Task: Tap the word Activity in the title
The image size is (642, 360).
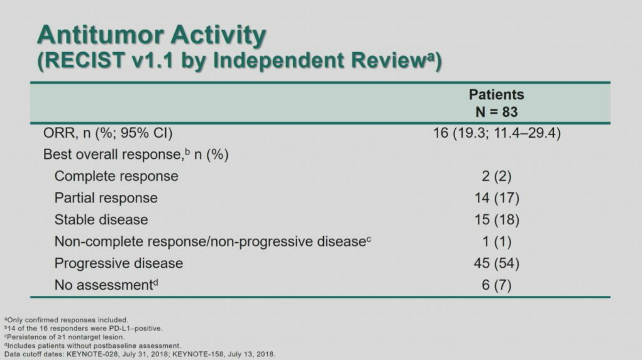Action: pos(218,36)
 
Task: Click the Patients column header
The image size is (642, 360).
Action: pos(496,95)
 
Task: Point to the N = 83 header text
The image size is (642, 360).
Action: pos(497,112)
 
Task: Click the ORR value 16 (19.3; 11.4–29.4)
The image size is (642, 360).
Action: pos(497,133)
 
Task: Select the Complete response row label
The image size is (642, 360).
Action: pos(116,177)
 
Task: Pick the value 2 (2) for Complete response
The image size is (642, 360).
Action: pos(497,176)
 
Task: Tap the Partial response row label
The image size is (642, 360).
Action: pos(106,198)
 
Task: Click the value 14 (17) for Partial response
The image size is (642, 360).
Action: pos(497,198)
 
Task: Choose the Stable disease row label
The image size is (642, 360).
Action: pos(101,220)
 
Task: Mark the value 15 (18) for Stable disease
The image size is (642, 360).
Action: pos(497,220)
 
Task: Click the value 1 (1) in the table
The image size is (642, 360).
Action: pos(497,242)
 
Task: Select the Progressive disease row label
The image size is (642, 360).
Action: pos(119,264)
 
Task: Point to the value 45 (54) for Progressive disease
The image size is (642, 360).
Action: pos(497,263)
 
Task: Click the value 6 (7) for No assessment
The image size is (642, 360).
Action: pos(497,285)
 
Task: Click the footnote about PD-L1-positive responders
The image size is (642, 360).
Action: pos(83,328)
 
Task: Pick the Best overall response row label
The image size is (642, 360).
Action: pos(136,155)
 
